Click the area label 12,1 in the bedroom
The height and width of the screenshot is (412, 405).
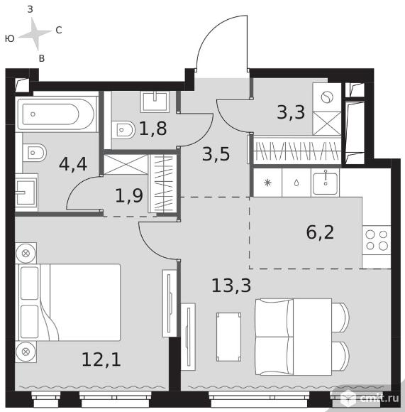click(101, 359)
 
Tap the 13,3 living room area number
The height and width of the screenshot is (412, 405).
click(231, 286)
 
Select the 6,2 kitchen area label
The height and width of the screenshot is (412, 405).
click(320, 232)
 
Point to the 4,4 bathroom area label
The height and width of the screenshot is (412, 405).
click(73, 165)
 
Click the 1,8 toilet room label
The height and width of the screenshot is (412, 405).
click(153, 129)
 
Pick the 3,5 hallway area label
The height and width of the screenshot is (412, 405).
click(216, 154)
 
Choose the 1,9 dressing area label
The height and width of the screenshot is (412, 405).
click(129, 195)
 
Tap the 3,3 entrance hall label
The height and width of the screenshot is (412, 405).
click(291, 112)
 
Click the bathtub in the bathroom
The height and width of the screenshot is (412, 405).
click(57, 114)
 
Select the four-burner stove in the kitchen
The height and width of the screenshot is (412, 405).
click(377, 240)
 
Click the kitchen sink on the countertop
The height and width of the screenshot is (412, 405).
click(326, 183)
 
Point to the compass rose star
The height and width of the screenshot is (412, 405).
click(35, 33)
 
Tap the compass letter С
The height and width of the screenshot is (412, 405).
click(59, 31)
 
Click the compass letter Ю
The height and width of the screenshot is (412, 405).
click(10, 39)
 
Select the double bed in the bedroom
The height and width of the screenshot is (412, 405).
click(68, 303)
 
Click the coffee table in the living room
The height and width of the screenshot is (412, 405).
click(228, 337)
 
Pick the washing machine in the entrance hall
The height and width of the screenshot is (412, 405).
click(327, 97)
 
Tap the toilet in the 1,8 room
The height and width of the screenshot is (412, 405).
click(123, 129)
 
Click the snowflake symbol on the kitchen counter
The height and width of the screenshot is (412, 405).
click(267, 183)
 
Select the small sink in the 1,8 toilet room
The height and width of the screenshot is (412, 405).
click(155, 101)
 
